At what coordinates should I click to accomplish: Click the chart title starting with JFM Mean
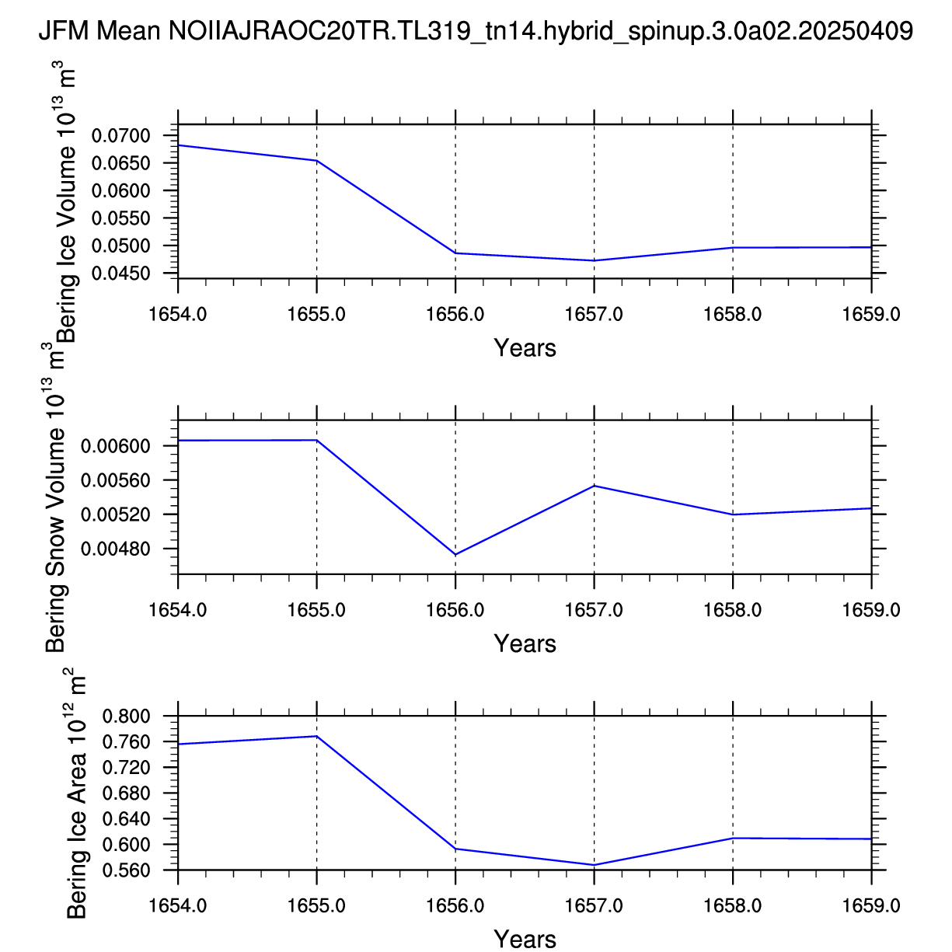[476, 32]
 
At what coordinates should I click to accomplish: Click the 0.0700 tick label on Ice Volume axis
[120, 136]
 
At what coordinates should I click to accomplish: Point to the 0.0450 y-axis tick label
[120, 274]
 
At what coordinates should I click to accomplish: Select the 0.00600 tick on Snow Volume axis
[115, 446]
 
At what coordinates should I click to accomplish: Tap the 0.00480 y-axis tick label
[115, 549]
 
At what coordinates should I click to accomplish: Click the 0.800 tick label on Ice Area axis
[126, 716]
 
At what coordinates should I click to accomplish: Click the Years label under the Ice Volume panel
[525, 348]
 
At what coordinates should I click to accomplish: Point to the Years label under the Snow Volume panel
[525, 643]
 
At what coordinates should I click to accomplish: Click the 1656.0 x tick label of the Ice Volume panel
[455, 314]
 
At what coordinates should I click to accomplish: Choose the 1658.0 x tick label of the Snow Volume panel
[733, 610]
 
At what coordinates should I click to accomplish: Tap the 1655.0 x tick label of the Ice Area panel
[316, 905]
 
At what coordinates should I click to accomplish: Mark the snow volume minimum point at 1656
[455, 554]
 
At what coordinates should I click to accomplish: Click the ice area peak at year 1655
[316, 736]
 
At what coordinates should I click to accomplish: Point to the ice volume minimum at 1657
[595, 260]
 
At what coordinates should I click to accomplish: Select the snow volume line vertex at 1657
[595, 486]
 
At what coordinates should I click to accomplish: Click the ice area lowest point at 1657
[595, 865]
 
